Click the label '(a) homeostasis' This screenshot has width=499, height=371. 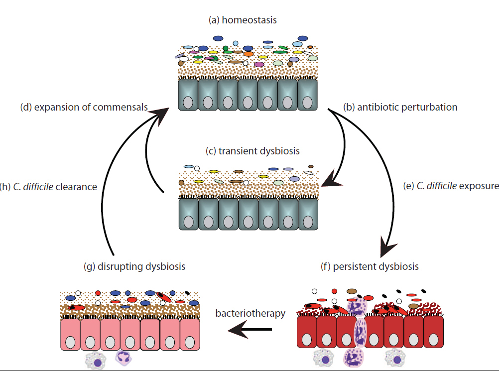(242, 20)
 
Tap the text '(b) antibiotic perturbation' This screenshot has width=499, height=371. (400, 107)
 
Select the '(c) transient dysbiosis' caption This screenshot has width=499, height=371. (253, 151)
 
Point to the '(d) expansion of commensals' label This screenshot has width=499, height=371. (83, 107)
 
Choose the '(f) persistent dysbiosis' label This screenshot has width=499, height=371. (370, 266)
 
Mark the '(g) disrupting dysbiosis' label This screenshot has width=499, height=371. (134, 266)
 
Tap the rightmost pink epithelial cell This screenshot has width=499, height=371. (189, 335)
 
